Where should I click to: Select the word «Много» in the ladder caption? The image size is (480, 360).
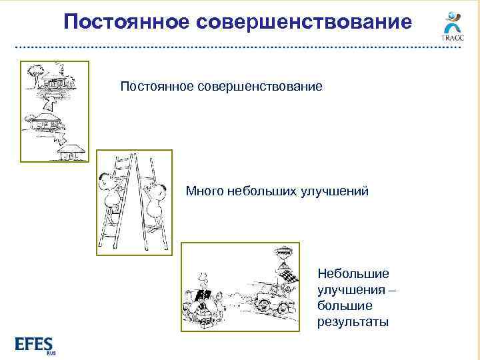(x=205, y=192)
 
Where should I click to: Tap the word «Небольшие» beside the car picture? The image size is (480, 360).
(x=353, y=273)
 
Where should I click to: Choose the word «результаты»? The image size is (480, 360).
(x=353, y=323)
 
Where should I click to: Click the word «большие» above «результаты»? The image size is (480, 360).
(x=345, y=306)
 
